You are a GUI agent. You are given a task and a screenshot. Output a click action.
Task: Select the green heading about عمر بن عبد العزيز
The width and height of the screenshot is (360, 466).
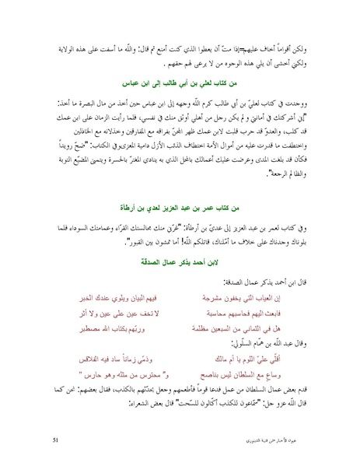click(180, 208)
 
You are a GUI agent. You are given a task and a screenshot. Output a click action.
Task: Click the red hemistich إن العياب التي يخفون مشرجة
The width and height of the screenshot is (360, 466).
click(266, 297)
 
